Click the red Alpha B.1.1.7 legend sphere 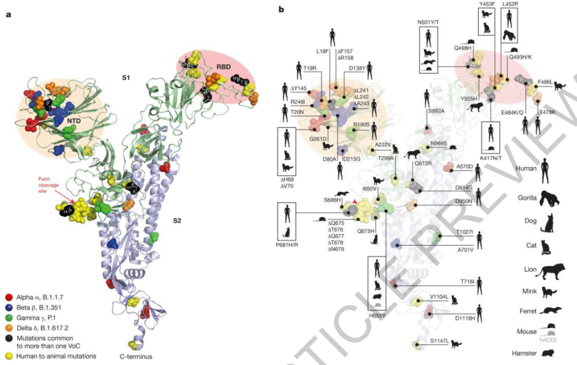[9, 297]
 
